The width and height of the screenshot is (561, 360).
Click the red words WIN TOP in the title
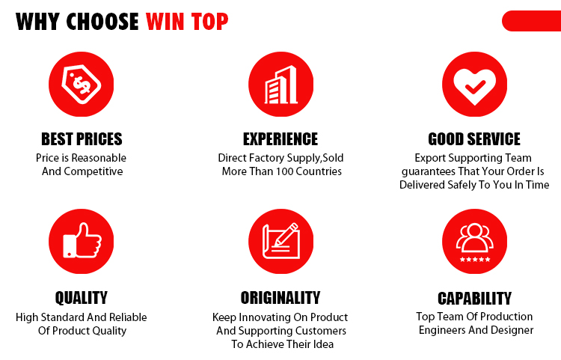point(187,22)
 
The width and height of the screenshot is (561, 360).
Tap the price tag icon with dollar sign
point(82,84)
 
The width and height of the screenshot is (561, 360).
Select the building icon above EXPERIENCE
point(280,84)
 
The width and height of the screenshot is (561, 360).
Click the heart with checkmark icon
point(474,84)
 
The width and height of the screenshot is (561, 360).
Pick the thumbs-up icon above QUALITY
point(82,241)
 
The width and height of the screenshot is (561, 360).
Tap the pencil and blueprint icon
point(280,241)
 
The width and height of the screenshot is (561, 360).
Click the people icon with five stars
point(474,241)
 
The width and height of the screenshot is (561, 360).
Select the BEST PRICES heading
point(82,139)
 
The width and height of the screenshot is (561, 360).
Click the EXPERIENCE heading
point(280,139)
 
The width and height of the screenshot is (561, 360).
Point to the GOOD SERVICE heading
point(474,139)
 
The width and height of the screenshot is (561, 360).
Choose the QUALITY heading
point(82,298)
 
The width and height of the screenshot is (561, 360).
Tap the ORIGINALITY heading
point(280,298)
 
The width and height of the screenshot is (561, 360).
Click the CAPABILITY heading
point(474,298)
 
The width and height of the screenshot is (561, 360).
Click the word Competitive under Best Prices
point(93,171)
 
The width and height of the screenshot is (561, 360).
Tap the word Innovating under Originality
point(264,317)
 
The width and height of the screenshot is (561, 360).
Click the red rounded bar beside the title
point(531,21)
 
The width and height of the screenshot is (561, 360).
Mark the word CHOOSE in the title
point(102,22)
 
